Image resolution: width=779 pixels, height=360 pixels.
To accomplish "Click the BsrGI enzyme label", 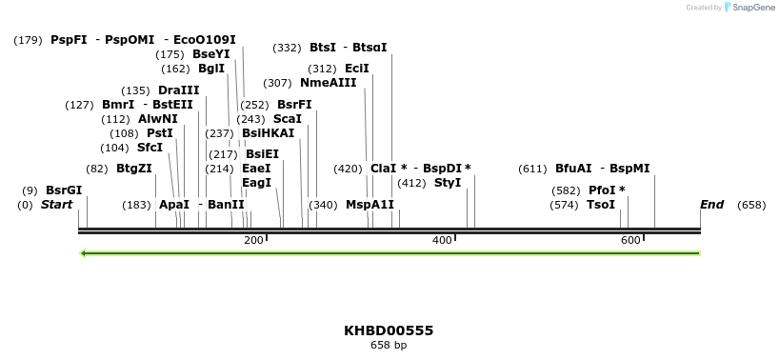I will tap(64, 190).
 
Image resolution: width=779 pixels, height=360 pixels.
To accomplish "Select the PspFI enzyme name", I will tap(69, 40).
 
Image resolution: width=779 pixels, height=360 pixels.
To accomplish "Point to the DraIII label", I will tap(178, 90).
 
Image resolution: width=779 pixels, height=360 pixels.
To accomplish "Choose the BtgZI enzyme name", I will tap(133, 170).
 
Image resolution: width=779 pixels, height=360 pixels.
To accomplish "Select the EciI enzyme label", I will tap(357, 69).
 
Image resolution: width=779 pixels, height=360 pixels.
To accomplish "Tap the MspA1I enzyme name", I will tap(370, 205).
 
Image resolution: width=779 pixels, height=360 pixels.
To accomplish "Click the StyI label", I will tap(448, 183).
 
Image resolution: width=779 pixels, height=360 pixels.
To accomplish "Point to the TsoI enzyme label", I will tap(601, 205).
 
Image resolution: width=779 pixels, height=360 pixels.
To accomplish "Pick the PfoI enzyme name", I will tap(602, 190).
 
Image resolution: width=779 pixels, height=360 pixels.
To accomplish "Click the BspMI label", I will tap(629, 169).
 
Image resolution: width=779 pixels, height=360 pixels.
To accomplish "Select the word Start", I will tap(56, 205).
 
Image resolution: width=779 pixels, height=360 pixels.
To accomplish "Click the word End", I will tap(711, 205).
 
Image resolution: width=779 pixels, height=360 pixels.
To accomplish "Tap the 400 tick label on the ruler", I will tap(442, 240).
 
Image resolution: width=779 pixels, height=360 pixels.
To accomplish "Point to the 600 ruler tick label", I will tap(630, 240).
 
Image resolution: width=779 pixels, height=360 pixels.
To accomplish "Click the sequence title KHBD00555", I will tap(389, 330).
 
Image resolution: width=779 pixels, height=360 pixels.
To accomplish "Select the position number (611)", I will tap(532, 170).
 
